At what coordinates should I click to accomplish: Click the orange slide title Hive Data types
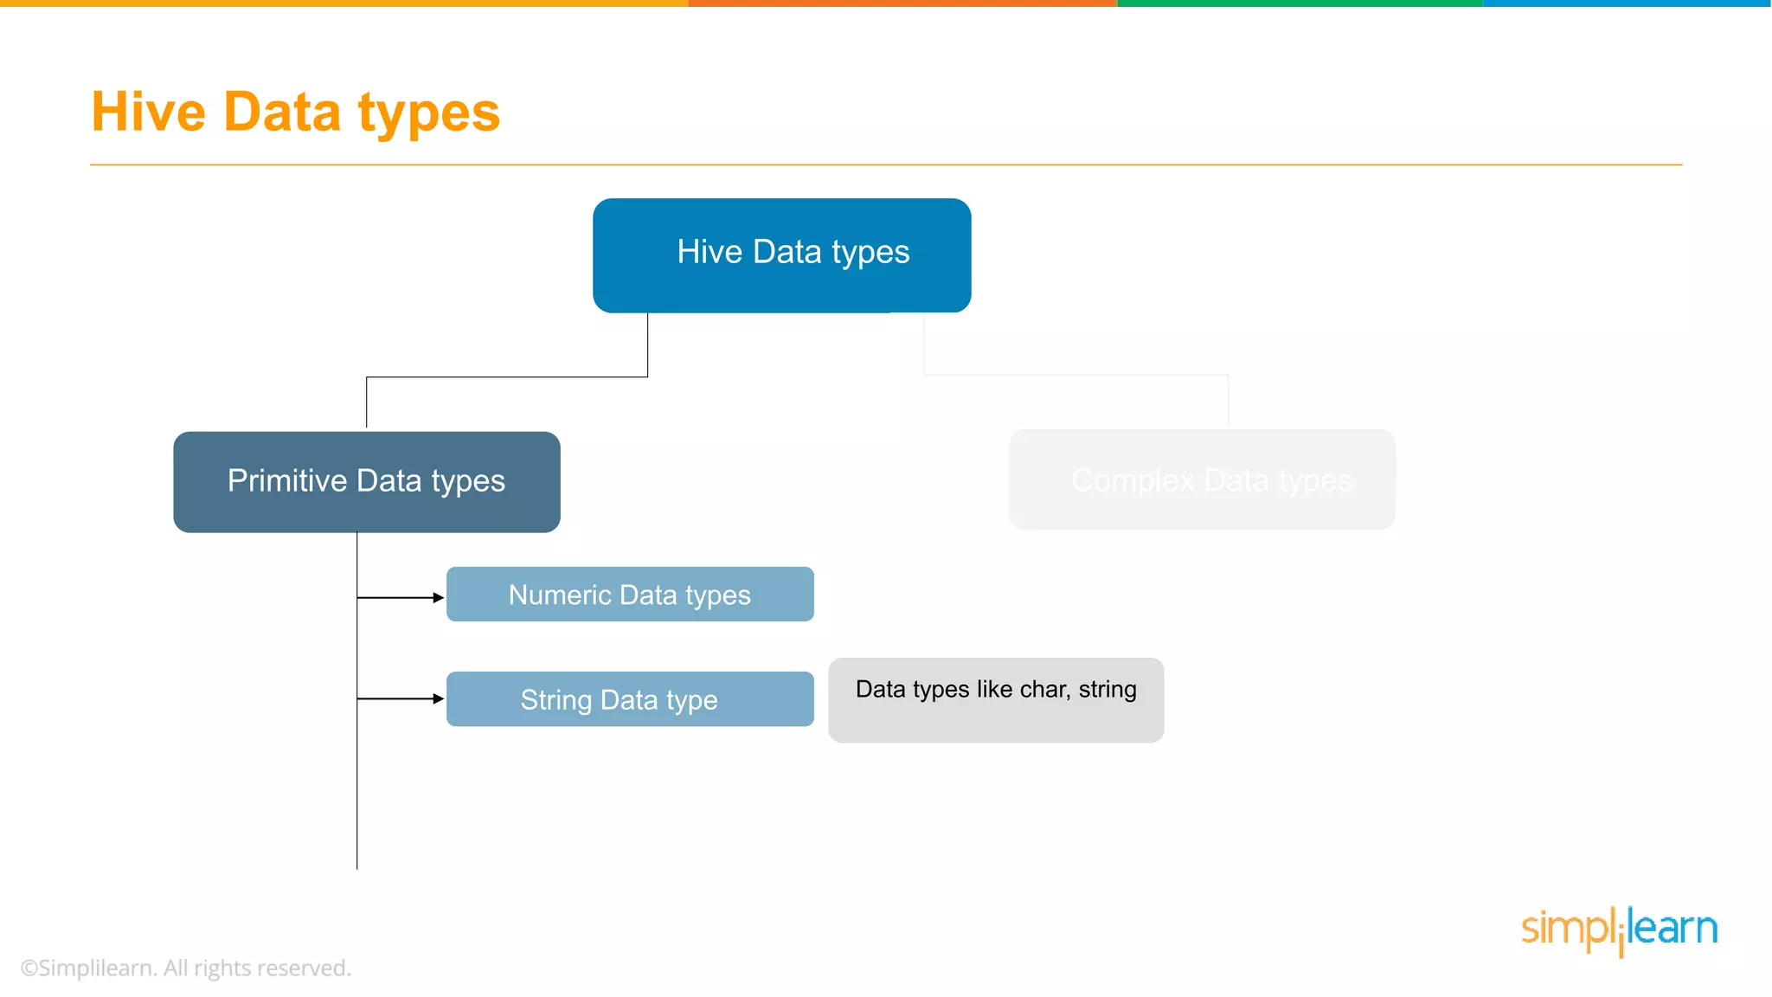(295, 113)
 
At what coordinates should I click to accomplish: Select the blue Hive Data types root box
(781, 254)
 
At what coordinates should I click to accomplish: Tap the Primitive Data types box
(366, 481)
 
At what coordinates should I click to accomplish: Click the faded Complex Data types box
(1202, 479)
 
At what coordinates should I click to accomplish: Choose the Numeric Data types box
(630, 595)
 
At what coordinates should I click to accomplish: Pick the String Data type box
(630, 699)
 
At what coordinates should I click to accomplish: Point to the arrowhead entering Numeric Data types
(439, 597)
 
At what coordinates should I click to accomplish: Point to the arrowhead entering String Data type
(439, 698)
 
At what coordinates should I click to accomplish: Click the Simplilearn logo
(1619, 930)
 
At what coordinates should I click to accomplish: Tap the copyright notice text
(185, 968)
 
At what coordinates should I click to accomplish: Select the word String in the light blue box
(555, 699)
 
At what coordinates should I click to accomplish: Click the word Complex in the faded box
(1133, 480)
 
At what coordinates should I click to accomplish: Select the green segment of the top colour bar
(1300, 3)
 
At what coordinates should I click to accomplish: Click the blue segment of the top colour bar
(1627, 3)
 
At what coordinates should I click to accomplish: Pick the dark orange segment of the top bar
(902, 3)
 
